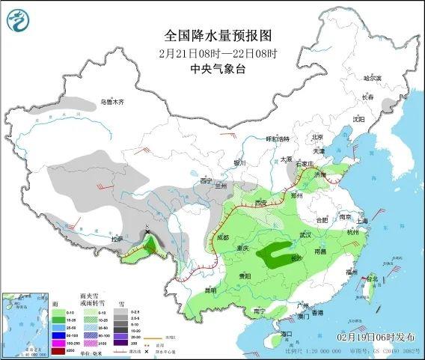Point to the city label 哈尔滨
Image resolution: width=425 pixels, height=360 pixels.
[x=372, y=78]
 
